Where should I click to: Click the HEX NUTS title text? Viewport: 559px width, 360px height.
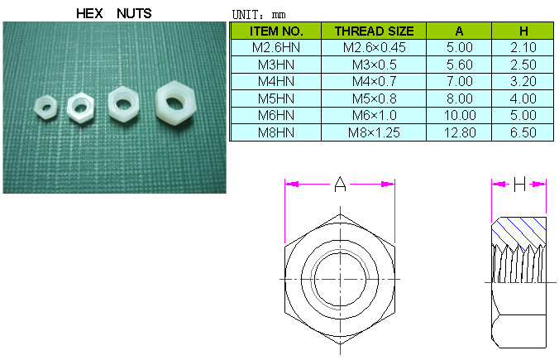coord(114,13)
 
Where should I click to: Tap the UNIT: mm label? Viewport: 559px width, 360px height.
coord(259,15)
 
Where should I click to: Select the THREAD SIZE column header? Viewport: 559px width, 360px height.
coord(374,31)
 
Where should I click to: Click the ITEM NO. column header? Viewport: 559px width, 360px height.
coord(276,31)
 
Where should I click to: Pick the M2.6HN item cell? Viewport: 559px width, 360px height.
coord(276,47)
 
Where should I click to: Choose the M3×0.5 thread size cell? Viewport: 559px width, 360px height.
coord(374,65)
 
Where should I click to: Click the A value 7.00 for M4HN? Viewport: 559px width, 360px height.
coord(460,81)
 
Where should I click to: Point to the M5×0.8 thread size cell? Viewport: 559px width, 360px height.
coord(374,98)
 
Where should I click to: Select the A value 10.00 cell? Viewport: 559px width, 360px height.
coord(460,115)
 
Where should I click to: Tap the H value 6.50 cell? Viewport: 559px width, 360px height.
coord(523,132)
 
